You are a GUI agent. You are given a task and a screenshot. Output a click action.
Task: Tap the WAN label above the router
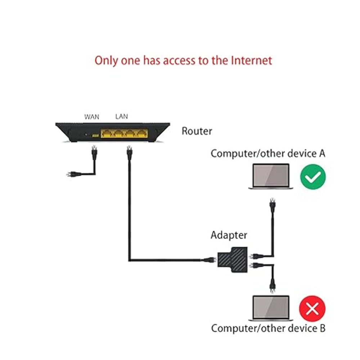coord(92,117)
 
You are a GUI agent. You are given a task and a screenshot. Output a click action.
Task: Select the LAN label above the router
coord(121,116)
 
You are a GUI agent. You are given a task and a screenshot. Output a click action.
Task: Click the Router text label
coord(197,131)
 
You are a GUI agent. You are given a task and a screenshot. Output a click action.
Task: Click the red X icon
coord(312,309)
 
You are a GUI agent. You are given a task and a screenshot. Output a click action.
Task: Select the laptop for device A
coord(271,176)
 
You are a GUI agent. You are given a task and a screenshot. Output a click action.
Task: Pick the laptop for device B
coord(271,308)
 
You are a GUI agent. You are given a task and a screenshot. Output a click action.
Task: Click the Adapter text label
coord(229,235)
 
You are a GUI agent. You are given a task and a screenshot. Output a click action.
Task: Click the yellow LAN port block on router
coord(125,134)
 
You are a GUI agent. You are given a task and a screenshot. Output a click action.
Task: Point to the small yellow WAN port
coord(95,135)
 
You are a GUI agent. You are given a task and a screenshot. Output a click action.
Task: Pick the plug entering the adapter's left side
coord(210,259)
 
